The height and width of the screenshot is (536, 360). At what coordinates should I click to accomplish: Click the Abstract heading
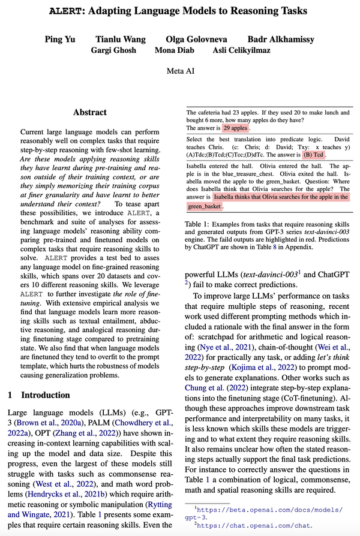click(x=90, y=112)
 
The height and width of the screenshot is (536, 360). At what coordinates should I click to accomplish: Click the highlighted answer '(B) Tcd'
click(x=313, y=154)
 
